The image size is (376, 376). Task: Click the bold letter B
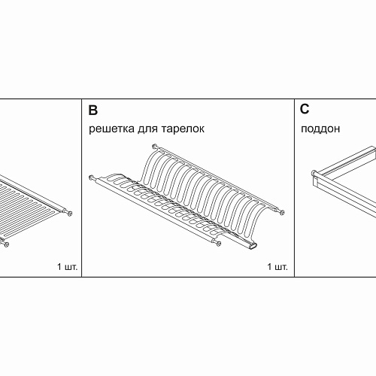(x=93, y=110)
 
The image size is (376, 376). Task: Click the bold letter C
(x=305, y=109)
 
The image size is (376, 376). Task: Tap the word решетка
(x=111, y=129)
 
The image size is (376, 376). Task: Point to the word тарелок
(x=183, y=129)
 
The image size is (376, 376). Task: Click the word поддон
(x=320, y=129)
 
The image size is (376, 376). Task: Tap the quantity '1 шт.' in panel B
(x=277, y=267)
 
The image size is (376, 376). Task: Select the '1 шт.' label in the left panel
(x=68, y=267)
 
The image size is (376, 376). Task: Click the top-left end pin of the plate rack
(x=155, y=146)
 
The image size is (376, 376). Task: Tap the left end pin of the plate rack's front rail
(x=92, y=177)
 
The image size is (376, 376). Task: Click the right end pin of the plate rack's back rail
(x=282, y=212)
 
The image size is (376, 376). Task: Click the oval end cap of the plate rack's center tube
(x=253, y=246)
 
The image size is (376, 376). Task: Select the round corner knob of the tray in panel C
(x=314, y=173)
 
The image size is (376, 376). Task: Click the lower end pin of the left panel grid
(x=5, y=244)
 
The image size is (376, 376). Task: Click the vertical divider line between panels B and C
(x=294, y=188)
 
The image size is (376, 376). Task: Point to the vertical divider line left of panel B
(x=81, y=188)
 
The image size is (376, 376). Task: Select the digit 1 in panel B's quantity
(x=269, y=267)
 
